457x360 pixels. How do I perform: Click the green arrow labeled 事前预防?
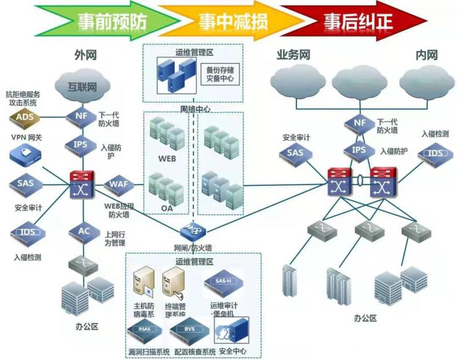[x=111, y=21]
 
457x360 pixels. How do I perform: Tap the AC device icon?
[x=83, y=231]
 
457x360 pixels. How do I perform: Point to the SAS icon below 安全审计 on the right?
[x=295, y=153]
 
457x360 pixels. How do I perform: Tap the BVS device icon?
[x=189, y=330]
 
